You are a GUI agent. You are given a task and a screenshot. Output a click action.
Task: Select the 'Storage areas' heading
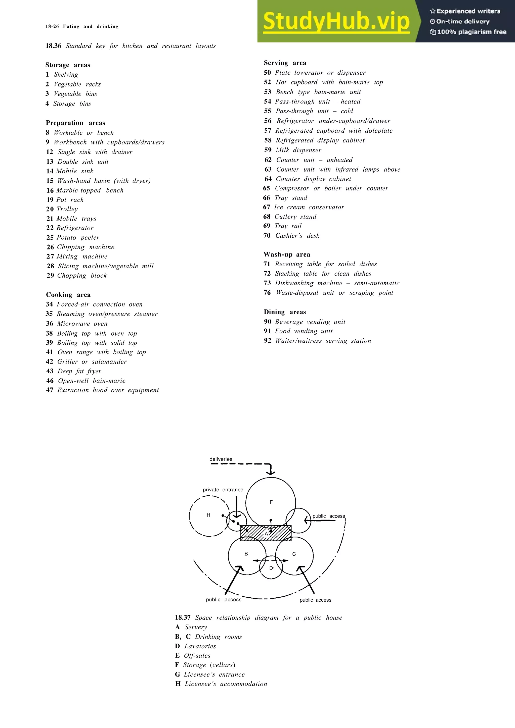coord(68,65)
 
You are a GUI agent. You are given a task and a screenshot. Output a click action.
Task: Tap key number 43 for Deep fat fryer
coord(50,371)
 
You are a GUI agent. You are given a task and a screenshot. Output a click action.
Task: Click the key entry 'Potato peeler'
coord(78,237)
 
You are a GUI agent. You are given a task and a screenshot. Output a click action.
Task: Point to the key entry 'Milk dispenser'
coord(298,150)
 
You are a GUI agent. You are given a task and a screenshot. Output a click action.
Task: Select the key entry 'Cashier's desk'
coord(297,236)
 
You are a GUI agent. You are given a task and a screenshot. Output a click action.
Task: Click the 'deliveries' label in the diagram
coord(221,459)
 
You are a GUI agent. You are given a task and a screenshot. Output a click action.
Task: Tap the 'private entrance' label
coord(223,490)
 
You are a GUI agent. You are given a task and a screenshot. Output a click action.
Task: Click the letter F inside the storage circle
coord(271,502)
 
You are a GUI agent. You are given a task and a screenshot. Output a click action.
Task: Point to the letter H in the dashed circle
coord(208,515)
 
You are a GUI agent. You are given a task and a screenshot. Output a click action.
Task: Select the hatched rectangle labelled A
coord(266,533)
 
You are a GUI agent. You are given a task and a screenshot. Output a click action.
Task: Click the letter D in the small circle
coord(271,568)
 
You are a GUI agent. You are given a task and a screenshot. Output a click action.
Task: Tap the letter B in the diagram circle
coord(246,554)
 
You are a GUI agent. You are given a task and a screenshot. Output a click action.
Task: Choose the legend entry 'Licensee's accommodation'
coord(226,684)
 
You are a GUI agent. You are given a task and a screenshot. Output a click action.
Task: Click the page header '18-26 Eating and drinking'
coord(82,27)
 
